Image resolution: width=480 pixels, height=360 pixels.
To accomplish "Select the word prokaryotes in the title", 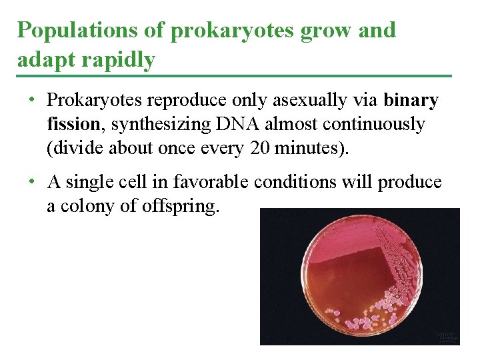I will (x=215, y=31).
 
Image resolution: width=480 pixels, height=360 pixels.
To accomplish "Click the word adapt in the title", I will (x=40, y=60).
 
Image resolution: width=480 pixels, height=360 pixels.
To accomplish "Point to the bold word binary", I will (x=411, y=101).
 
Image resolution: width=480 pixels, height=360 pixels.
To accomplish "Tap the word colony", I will (x=89, y=205).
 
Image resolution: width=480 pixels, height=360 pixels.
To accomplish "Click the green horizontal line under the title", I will (x=233, y=76).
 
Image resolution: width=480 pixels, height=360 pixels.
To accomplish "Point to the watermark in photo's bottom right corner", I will (x=447, y=337).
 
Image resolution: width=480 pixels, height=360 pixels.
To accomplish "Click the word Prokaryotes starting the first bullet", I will (x=95, y=101).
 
